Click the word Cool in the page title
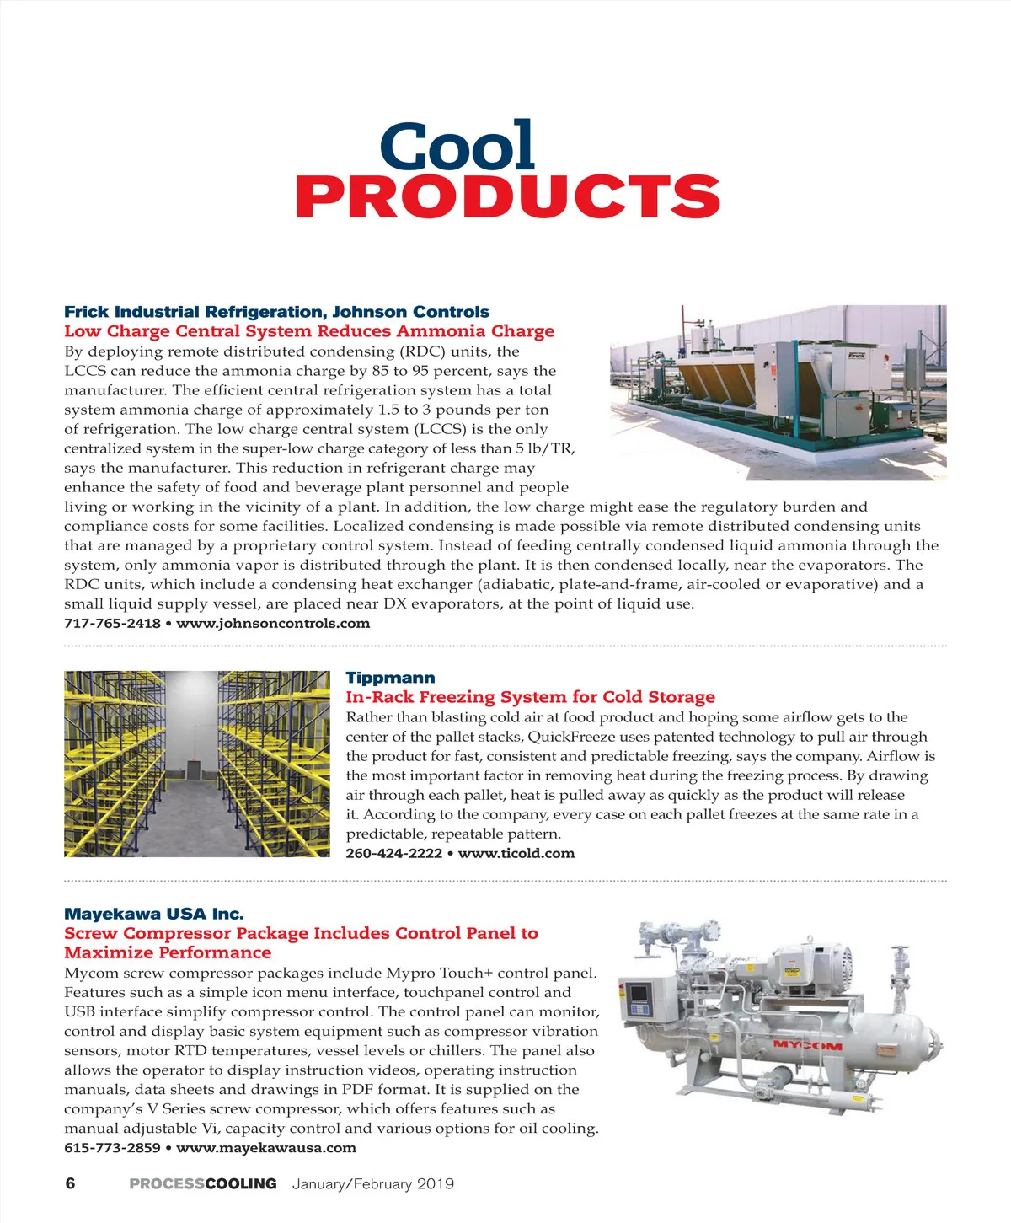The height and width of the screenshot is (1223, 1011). pyautogui.click(x=457, y=148)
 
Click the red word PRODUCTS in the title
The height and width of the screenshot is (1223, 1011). pyautogui.click(x=507, y=197)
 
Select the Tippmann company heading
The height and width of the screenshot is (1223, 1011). pyautogui.click(x=390, y=678)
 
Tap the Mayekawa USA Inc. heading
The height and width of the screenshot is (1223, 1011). pyautogui.click(x=154, y=914)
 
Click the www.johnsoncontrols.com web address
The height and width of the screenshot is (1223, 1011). pyautogui.click(x=273, y=624)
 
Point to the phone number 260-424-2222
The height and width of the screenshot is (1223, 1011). pyautogui.click(x=393, y=853)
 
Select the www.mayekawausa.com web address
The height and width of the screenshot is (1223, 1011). pyautogui.click(x=266, y=1148)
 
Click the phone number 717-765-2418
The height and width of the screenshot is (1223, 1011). pyautogui.click(x=112, y=624)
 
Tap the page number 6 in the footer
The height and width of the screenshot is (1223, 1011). pyautogui.click(x=70, y=1183)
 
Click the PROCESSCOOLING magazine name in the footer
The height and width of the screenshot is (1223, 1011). pyautogui.click(x=203, y=1183)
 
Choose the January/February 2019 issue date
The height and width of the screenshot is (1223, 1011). pyautogui.click(x=372, y=1183)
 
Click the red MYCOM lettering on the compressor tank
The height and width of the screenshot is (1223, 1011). pyautogui.click(x=807, y=1045)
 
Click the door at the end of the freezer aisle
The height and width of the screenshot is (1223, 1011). pyautogui.click(x=193, y=770)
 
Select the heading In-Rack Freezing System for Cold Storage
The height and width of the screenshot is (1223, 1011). pyautogui.click(x=530, y=697)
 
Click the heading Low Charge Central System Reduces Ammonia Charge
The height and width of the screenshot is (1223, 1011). pyautogui.click(x=309, y=331)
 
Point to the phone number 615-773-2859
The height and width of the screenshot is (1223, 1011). pyautogui.click(x=112, y=1148)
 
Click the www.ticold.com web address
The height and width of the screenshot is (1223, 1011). pyautogui.click(x=516, y=853)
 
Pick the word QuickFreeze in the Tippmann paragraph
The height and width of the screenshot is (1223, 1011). pyautogui.click(x=570, y=737)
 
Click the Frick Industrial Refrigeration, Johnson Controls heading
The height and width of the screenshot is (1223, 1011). pyautogui.click(x=276, y=312)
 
